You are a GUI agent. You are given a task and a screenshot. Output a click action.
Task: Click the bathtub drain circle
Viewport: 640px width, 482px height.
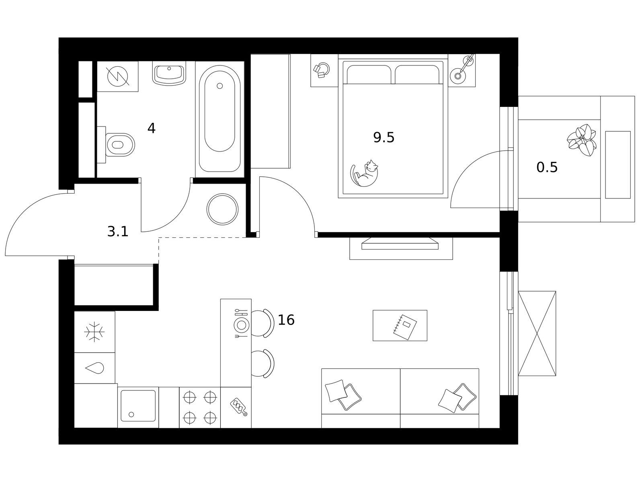point(220,86)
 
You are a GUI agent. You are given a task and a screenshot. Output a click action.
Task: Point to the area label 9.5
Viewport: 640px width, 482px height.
point(384,137)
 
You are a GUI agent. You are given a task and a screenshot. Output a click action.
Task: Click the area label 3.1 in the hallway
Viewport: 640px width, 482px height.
point(118,232)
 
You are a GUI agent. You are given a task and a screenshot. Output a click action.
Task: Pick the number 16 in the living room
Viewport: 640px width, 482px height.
point(286,320)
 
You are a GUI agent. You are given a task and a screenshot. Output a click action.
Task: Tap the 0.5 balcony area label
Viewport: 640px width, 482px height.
point(547,167)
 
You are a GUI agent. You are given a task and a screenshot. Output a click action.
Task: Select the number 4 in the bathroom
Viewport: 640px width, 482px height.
point(151,128)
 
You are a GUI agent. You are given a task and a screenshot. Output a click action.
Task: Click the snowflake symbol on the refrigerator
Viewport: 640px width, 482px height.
point(94,332)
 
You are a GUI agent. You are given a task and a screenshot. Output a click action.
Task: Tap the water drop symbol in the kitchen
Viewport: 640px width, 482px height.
point(94,368)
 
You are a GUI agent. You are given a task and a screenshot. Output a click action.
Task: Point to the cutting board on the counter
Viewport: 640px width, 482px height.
point(238,407)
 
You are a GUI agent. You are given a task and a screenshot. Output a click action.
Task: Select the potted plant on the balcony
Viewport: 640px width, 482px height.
point(581,140)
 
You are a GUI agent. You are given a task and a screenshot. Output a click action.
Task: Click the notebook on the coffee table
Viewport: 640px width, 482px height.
point(405,327)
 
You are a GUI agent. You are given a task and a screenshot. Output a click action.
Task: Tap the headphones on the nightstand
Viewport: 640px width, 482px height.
point(322,70)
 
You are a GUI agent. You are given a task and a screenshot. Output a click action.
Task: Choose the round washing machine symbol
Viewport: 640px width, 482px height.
point(222,209)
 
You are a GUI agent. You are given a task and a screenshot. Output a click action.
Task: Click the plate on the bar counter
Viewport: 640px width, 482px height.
point(242,325)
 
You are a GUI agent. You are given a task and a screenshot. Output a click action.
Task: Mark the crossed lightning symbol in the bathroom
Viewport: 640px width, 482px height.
point(117,76)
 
